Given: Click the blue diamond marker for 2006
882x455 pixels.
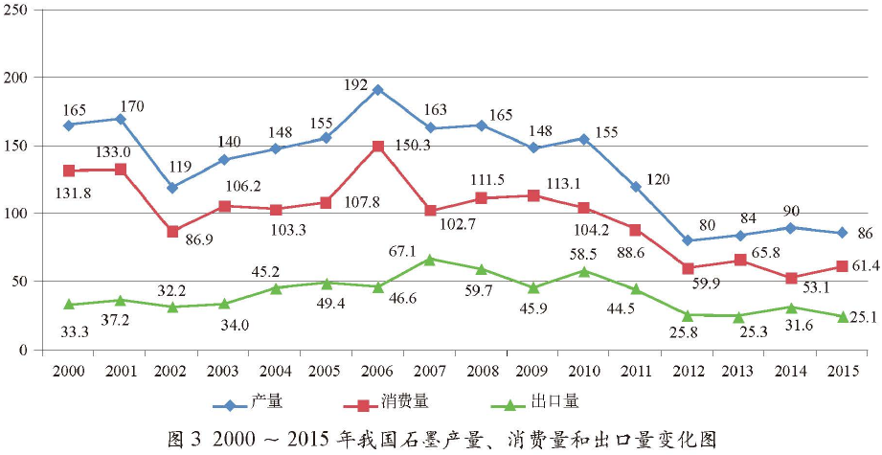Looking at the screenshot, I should [378, 90].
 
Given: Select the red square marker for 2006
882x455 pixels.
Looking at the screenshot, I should [378, 147].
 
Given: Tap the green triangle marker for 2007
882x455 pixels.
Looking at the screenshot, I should [430, 259].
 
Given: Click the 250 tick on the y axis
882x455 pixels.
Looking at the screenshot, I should [16, 9].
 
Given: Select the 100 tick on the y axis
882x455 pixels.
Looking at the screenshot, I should [16, 214].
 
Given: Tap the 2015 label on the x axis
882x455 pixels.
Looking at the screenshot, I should [842, 369].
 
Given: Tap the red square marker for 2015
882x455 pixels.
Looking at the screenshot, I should [843, 266].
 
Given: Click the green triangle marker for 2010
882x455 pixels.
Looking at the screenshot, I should [584, 271].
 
